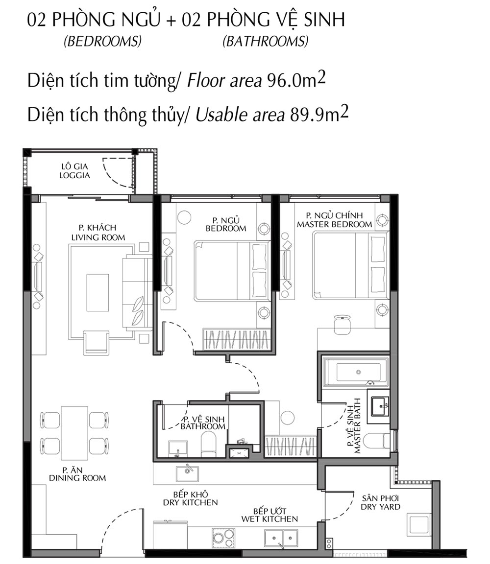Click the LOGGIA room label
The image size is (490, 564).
click(74, 175)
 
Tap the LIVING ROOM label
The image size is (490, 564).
click(98, 237)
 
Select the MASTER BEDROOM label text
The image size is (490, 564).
click(335, 224)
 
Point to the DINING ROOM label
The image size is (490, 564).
click(77, 478)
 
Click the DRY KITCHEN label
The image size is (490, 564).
click(191, 502)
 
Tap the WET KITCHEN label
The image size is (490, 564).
click(269, 519)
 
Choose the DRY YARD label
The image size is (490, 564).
click(381, 507)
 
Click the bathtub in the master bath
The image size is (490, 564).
click(355, 372)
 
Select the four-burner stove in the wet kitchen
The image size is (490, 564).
click(223, 538)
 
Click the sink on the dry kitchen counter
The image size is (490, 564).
click(187, 474)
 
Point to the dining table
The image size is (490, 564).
click(74, 433)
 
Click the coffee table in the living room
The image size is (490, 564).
click(98, 292)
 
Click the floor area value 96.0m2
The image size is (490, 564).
click(296, 80)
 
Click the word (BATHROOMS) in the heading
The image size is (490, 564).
click(266, 41)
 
